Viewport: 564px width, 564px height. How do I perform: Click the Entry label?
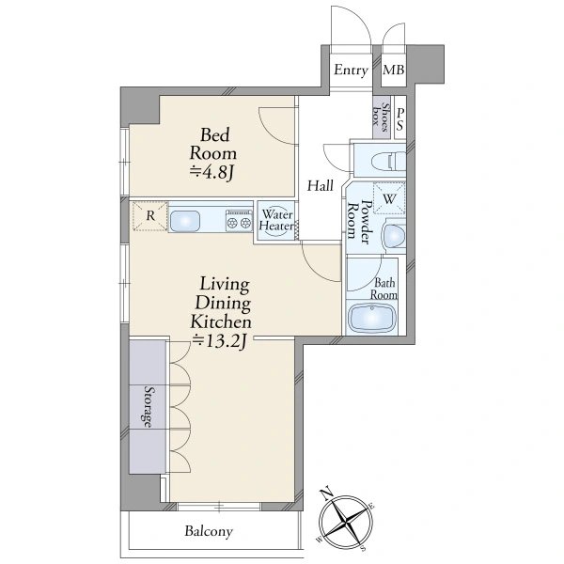point(351,70)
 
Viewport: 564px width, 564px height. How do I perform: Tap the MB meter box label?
point(394,70)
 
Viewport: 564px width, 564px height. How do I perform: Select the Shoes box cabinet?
point(381,117)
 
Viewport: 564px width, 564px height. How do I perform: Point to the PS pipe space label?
point(400,119)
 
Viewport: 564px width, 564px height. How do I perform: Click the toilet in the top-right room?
point(389,160)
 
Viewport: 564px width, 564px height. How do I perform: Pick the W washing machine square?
point(389,198)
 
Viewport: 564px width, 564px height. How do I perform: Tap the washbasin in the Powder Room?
point(394,236)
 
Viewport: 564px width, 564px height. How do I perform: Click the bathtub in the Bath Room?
point(372,318)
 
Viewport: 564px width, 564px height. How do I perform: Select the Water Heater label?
point(276,220)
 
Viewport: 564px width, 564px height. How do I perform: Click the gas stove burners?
point(239,221)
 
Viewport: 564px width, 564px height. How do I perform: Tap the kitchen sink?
point(185,221)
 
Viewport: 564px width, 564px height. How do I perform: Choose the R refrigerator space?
point(150,216)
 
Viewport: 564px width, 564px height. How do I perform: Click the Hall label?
point(321,185)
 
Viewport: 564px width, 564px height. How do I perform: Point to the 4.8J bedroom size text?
point(212,172)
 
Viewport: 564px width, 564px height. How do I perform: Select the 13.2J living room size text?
point(219,340)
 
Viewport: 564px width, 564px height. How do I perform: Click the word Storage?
point(149,406)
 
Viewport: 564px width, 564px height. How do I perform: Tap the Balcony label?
point(209,532)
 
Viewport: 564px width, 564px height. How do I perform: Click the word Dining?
point(223,304)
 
